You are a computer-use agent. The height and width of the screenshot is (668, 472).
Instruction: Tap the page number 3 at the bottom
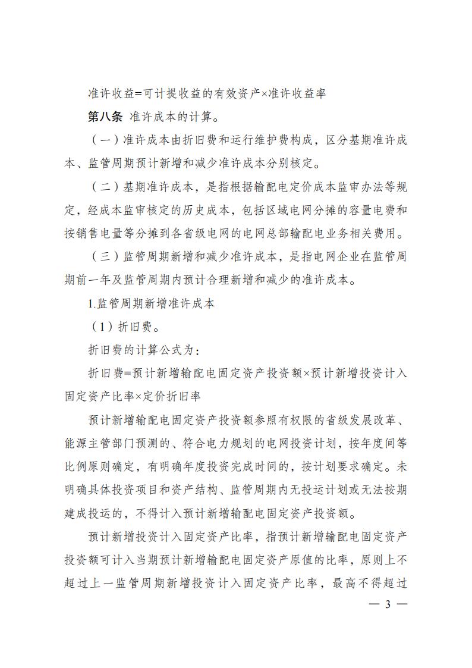point(387,604)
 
